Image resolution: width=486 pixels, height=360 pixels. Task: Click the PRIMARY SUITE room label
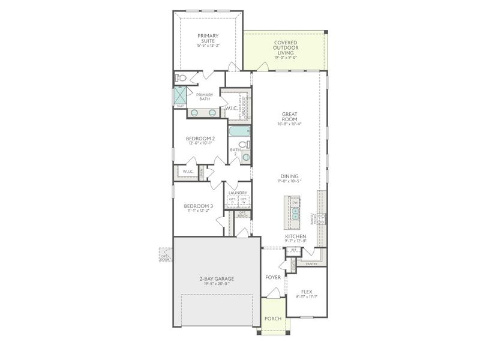pyautogui.click(x=208, y=38)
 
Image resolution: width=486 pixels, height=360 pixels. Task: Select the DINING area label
pyautogui.click(x=289, y=176)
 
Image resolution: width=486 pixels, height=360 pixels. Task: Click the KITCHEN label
pyautogui.click(x=295, y=236)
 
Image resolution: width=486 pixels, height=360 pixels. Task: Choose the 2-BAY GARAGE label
pyautogui.click(x=217, y=279)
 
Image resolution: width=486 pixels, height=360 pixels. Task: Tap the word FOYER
pyautogui.click(x=273, y=277)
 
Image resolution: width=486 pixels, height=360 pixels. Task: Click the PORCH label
pyautogui.click(x=273, y=318)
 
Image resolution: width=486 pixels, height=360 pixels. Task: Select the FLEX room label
pyautogui.click(x=307, y=291)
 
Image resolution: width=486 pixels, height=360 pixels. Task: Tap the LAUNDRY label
pyautogui.click(x=238, y=193)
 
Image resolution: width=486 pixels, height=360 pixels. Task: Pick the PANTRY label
pyautogui.click(x=311, y=263)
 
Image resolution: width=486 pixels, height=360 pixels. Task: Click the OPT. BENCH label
pyautogui.click(x=242, y=214)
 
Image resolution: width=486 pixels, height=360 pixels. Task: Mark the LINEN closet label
pyautogui.click(x=202, y=172)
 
